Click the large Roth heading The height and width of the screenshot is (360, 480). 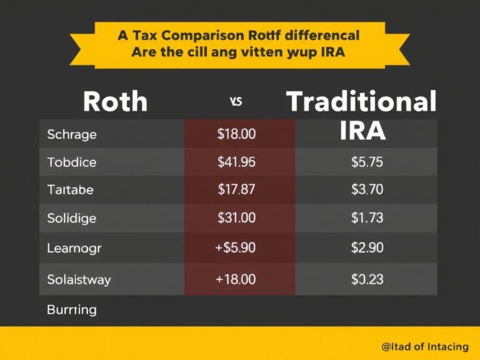point(115,101)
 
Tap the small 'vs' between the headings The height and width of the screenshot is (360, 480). point(236,102)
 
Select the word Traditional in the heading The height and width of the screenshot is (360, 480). point(361,101)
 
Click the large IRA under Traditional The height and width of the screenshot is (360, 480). point(363,130)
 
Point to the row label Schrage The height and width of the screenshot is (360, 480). point(72,134)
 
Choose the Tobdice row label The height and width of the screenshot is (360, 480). point(72,162)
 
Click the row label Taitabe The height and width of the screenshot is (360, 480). point(70,191)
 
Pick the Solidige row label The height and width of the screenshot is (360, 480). point(72,219)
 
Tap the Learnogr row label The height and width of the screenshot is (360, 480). point(74,248)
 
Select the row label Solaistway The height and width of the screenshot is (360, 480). point(79,279)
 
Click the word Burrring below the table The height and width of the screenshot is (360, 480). point(72,309)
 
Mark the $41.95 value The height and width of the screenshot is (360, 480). point(236,162)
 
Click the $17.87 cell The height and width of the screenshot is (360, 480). point(236,191)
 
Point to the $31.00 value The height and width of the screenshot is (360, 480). point(236,219)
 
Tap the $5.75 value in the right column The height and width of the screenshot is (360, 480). point(367,162)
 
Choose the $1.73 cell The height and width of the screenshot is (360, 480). point(367,219)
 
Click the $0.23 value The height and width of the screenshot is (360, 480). point(367,279)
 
